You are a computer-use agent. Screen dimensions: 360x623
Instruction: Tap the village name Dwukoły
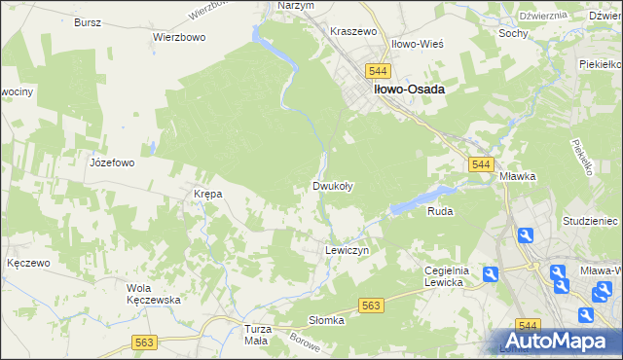click(x=332, y=185)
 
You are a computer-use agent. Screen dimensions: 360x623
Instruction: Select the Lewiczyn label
click(x=345, y=250)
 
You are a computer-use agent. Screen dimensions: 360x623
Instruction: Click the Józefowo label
click(x=111, y=162)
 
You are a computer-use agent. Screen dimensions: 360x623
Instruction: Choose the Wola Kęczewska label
click(x=154, y=294)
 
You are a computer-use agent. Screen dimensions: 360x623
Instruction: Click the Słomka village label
click(x=327, y=320)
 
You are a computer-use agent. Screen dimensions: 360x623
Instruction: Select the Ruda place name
click(x=441, y=210)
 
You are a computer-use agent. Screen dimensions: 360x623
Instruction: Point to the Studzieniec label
click(x=591, y=222)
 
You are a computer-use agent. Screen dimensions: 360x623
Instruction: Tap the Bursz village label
click(x=88, y=20)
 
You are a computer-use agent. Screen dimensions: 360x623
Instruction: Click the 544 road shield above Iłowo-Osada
click(x=379, y=72)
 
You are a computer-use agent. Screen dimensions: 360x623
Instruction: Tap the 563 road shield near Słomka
click(x=371, y=306)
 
